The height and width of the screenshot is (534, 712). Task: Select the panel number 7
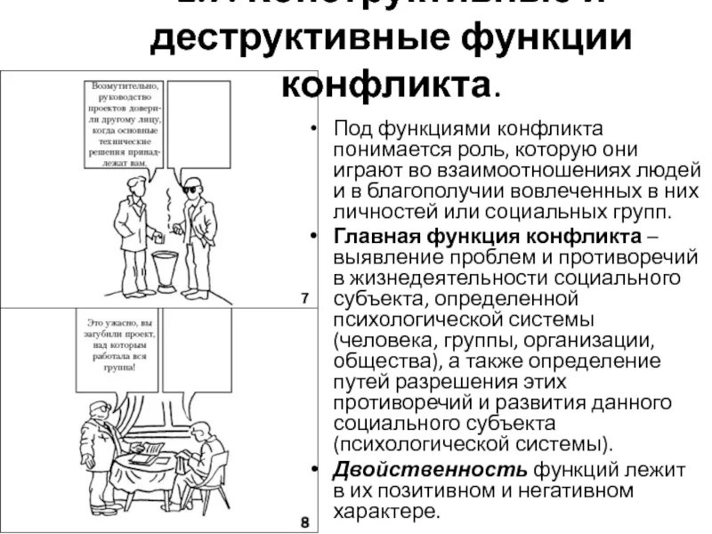[304, 297]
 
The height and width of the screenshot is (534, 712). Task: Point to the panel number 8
[304, 522]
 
